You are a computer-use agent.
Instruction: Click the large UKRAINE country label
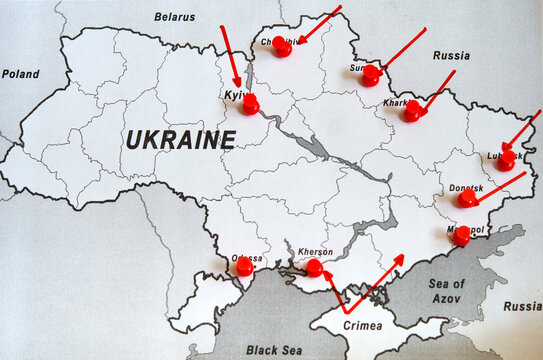point(180,139)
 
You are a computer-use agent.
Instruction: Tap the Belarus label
point(175,16)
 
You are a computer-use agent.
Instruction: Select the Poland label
point(20,74)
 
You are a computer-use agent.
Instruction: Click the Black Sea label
point(273,350)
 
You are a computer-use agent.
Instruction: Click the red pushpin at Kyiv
point(250,103)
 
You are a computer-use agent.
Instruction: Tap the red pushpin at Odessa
point(244,266)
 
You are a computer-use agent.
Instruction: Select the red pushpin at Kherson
point(314,267)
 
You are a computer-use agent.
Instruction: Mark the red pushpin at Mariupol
point(461,236)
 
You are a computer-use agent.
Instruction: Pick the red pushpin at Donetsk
point(467,198)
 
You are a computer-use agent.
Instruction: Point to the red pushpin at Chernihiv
point(282,46)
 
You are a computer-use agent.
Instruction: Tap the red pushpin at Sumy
point(371,74)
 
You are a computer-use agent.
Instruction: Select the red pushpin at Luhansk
point(508,159)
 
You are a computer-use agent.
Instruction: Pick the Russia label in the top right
point(451,56)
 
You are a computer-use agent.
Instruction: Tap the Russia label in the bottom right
point(521,306)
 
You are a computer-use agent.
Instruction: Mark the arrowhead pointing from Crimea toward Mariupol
point(399,258)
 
